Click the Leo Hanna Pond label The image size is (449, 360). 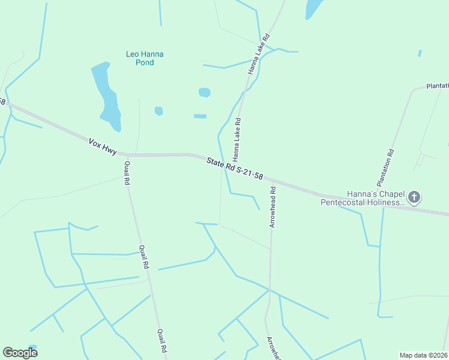click(x=145, y=58)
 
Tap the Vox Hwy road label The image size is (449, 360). click(x=102, y=146)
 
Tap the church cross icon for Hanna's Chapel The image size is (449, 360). click(x=414, y=196)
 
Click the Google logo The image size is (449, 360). click(x=20, y=352)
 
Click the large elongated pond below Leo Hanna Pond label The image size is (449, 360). click(x=106, y=96)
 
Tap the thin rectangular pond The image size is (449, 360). click(x=200, y=116)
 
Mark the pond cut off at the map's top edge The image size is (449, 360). click(x=313, y=8)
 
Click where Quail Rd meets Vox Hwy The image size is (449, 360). click(x=127, y=155)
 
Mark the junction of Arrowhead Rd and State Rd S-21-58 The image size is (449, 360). click(x=272, y=179)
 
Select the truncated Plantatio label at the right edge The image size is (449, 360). click(x=438, y=86)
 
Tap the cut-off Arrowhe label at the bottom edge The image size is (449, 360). click(x=273, y=348)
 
